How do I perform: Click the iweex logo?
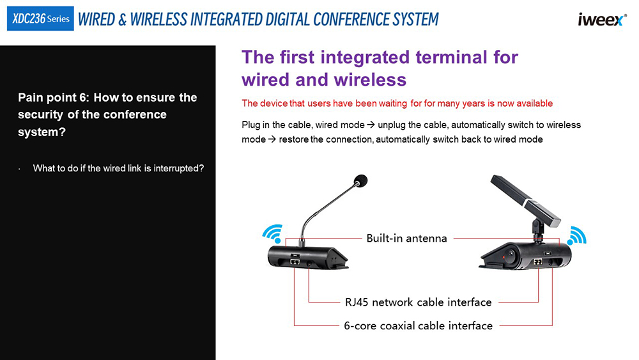point(602,19)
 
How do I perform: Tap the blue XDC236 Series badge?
point(40,19)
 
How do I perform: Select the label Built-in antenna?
point(406,238)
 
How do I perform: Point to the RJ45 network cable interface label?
point(418,302)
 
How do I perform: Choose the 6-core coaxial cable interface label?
point(418,325)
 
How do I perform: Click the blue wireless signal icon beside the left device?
point(273,233)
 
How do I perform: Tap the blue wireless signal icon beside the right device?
point(576,236)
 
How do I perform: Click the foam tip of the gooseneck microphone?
point(360,180)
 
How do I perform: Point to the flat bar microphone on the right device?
point(525,200)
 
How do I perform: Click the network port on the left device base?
point(295,261)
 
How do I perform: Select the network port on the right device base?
point(538,262)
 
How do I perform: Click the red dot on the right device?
point(504,257)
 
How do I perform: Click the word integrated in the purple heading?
point(365,58)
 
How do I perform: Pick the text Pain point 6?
point(54,98)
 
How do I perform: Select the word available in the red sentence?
point(535,104)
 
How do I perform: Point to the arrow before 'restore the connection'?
point(272,139)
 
